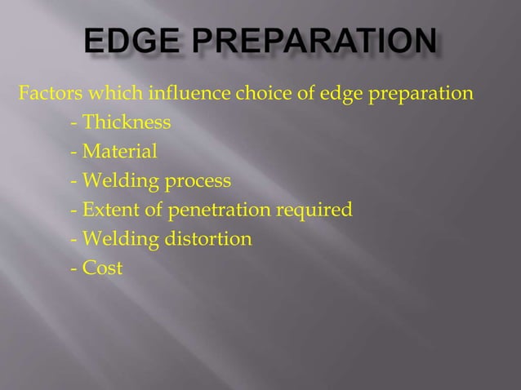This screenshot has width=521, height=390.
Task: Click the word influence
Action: (x=186, y=91)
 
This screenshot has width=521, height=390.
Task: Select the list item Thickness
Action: (x=127, y=122)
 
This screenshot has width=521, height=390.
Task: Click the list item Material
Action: (x=119, y=151)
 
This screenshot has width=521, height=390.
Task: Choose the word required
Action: (x=314, y=211)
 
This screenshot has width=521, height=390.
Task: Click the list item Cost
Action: (x=102, y=268)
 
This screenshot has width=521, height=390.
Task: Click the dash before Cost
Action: (x=75, y=268)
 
